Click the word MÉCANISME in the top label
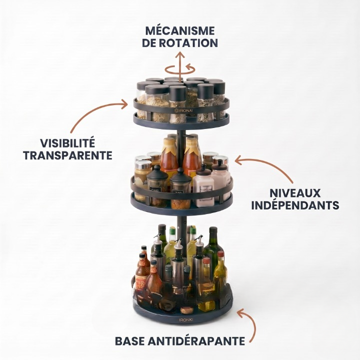point(180,31)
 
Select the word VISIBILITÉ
point(67,143)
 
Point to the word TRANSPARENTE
point(67,155)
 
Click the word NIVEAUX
point(295,193)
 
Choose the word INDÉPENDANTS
point(295,205)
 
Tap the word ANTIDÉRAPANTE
point(196,341)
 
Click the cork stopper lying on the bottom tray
point(186,310)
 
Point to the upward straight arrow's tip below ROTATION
point(180,52)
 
